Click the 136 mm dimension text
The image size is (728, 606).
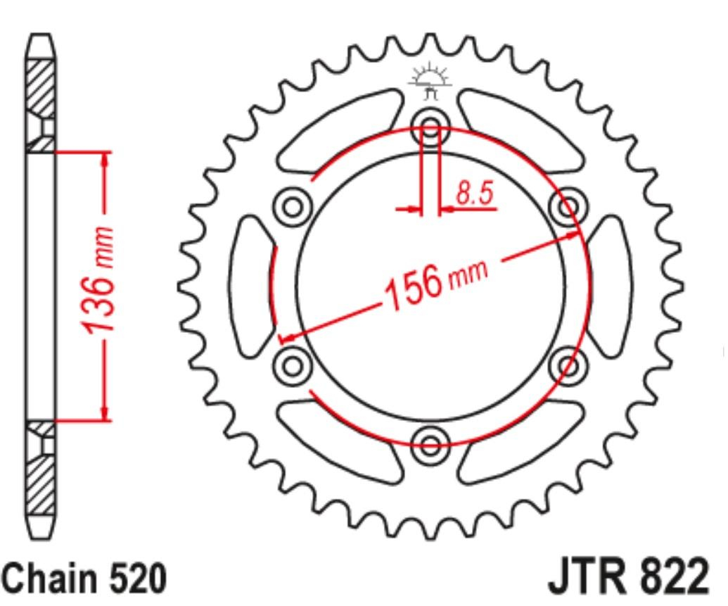[x=98, y=279]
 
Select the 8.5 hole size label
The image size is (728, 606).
[x=475, y=193]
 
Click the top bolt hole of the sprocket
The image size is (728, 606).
[x=430, y=125]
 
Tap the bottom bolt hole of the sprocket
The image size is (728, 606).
[x=430, y=445]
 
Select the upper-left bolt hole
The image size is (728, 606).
[x=292, y=207]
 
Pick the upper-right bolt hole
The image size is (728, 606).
[x=568, y=206]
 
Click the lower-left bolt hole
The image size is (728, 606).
[x=293, y=365]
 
